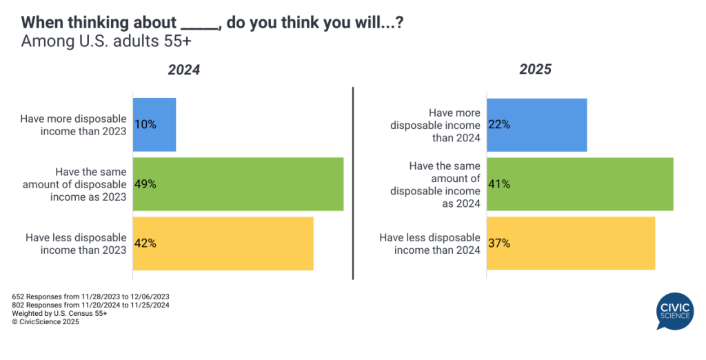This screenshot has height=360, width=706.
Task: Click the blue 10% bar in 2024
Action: [154, 125]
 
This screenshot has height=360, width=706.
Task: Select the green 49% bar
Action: [238, 184]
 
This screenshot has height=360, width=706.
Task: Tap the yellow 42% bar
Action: [223, 243]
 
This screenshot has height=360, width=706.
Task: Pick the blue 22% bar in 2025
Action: [537, 125]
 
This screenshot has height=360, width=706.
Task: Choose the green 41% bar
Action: [580, 184]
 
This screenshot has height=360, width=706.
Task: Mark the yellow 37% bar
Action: [571, 243]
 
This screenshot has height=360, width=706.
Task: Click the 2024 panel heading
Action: [184, 70]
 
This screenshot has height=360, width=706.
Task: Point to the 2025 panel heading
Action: [535, 70]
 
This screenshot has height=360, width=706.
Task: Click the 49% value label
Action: [145, 184]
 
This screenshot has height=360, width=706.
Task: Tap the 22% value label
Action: [499, 125]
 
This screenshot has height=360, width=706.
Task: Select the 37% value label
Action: [499, 243]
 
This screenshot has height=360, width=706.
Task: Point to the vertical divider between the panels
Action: [353, 183]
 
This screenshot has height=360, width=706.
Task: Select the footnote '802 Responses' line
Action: [91, 305]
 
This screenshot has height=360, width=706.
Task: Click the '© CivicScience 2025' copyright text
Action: [46, 321]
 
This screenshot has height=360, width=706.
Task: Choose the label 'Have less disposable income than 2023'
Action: [76, 243]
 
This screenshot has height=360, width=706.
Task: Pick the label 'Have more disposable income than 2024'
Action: [435, 125]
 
